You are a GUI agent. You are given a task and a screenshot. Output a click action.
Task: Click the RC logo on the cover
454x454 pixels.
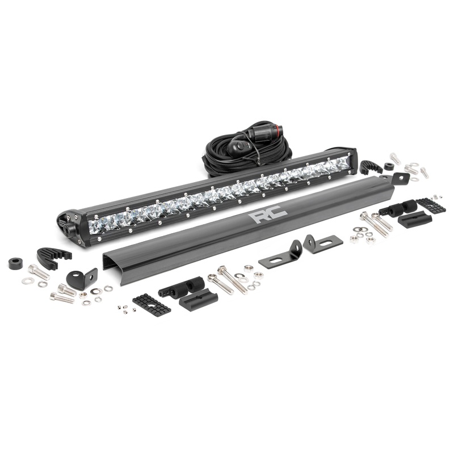[x=267, y=215]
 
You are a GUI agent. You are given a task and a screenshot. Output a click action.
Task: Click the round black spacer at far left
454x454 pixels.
[x=16, y=263]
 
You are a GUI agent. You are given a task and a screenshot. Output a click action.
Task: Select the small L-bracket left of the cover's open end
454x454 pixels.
[x=82, y=277]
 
